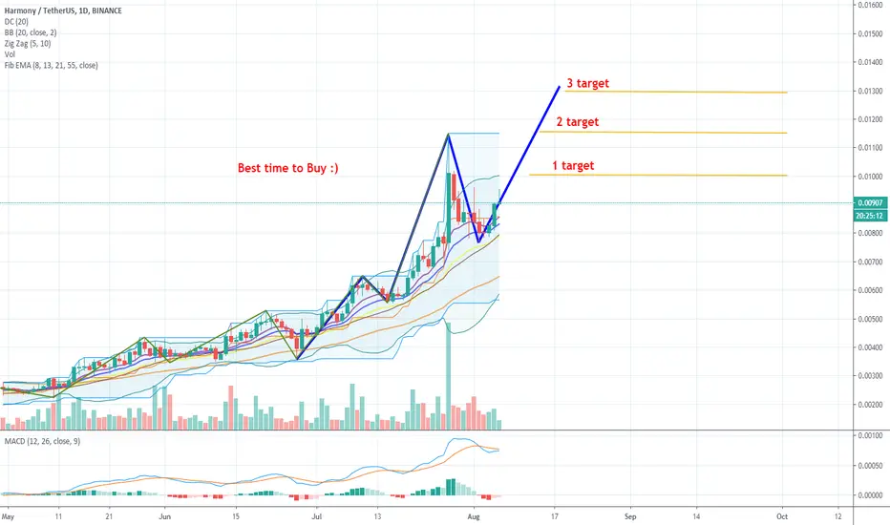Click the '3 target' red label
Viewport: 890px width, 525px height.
click(587, 83)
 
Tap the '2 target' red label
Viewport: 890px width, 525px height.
click(577, 122)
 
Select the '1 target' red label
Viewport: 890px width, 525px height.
click(573, 166)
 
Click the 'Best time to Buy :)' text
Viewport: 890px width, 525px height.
click(287, 168)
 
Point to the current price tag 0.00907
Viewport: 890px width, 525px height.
click(870, 203)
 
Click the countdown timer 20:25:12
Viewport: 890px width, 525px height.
click(870, 216)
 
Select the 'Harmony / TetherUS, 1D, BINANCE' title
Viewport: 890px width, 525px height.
click(63, 10)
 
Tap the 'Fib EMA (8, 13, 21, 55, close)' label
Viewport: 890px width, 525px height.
click(51, 65)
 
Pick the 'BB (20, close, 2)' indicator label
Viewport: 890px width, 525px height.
click(31, 32)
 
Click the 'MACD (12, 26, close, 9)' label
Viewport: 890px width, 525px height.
click(43, 441)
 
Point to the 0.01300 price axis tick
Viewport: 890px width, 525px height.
click(870, 91)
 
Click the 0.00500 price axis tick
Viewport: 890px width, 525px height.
click(870, 319)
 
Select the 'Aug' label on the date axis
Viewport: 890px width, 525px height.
click(474, 516)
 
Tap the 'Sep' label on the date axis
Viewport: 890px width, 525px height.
click(630, 516)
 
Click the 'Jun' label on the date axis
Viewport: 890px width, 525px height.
click(165, 516)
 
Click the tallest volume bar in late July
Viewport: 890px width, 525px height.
click(449, 376)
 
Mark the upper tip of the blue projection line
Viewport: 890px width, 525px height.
click(560, 86)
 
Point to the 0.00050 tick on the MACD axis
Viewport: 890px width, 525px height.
click(870, 466)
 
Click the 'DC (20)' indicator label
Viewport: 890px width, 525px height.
click(16, 22)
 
